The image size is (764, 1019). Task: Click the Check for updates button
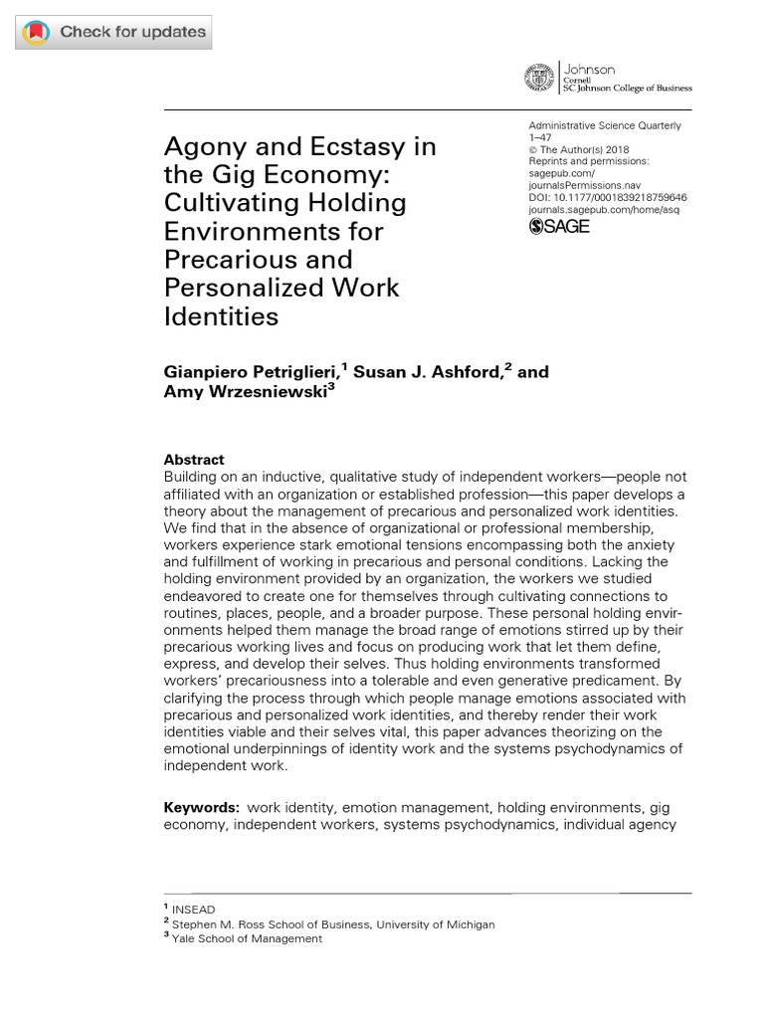tap(114, 32)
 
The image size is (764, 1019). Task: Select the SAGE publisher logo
tap(559, 226)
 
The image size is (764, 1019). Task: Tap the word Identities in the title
tap(222, 316)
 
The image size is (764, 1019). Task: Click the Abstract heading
tap(194, 460)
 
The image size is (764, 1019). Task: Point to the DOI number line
tap(607, 197)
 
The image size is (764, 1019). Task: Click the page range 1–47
tap(540, 137)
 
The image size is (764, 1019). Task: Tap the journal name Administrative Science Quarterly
tap(605, 125)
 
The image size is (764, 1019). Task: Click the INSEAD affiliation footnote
tap(193, 910)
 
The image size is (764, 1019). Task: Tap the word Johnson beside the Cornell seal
tap(590, 69)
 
